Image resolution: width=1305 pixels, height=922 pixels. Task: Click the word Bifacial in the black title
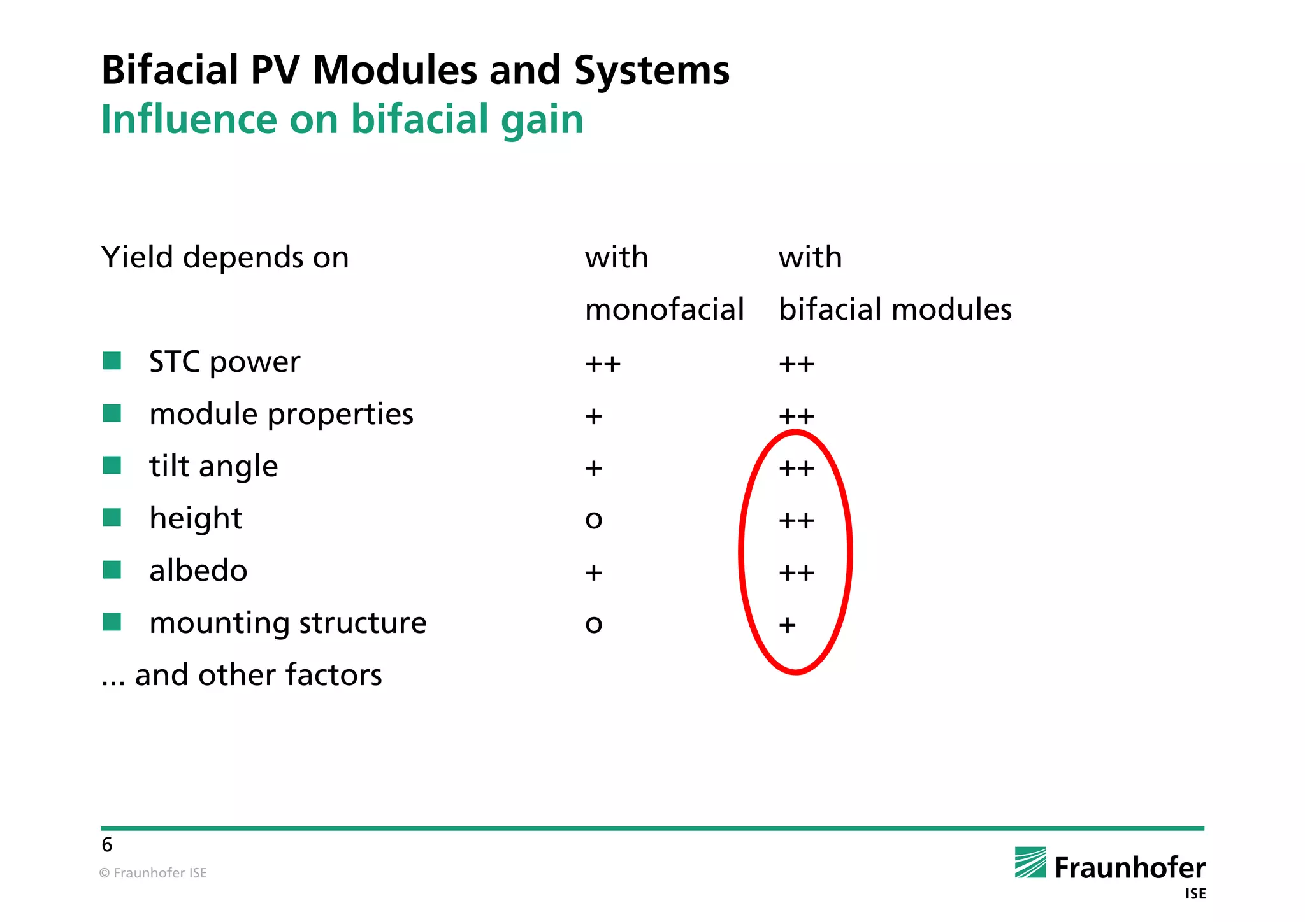[x=169, y=70]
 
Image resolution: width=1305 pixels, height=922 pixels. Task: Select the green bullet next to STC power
[x=112, y=361]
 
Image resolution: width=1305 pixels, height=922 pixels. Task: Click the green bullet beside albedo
[x=112, y=570]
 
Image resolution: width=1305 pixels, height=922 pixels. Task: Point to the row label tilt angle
[x=213, y=466]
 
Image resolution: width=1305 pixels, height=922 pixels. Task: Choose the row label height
[x=196, y=518]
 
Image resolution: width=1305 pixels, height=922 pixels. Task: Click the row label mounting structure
[x=287, y=623]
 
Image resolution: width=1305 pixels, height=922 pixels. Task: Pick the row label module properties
[x=281, y=414]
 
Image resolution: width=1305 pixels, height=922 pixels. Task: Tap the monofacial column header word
[x=664, y=309]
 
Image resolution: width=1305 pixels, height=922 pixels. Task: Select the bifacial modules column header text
[x=895, y=309]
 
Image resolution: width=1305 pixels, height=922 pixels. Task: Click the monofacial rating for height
[x=593, y=520]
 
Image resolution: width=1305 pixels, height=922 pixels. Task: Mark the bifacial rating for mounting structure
[x=787, y=625]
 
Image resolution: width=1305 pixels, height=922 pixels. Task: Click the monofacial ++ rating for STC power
[x=602, y=364]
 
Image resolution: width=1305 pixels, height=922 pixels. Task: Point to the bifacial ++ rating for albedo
[x=796, y=572]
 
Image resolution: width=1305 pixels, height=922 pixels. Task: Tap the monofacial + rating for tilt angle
[x=593, y=469]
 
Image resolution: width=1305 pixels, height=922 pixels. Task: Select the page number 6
[x=107, y=845]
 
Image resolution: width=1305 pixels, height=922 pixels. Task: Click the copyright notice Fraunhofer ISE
[x=154, y=873]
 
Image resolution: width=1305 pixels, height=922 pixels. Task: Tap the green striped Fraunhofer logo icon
[x=1030, y=863]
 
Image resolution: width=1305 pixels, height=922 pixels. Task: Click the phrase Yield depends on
[x=225, y=257]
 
